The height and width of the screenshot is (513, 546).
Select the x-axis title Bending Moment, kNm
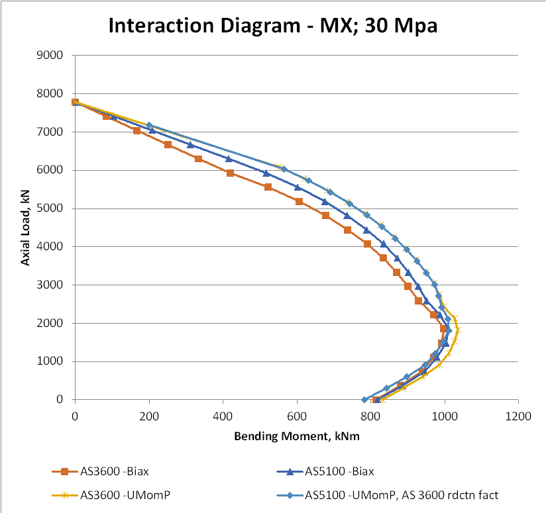(x=296, y=437)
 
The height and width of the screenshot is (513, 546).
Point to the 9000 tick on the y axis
(x=50, y=55)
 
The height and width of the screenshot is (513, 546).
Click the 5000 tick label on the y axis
(x=50, y=209)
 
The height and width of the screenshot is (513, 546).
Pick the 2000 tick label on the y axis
(x=50, y=323)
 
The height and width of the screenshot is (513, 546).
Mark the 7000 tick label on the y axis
(x=50, y=132)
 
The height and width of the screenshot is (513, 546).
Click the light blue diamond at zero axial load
(x=364, y=399)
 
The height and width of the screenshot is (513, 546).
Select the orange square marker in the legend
(x=65, y=472)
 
